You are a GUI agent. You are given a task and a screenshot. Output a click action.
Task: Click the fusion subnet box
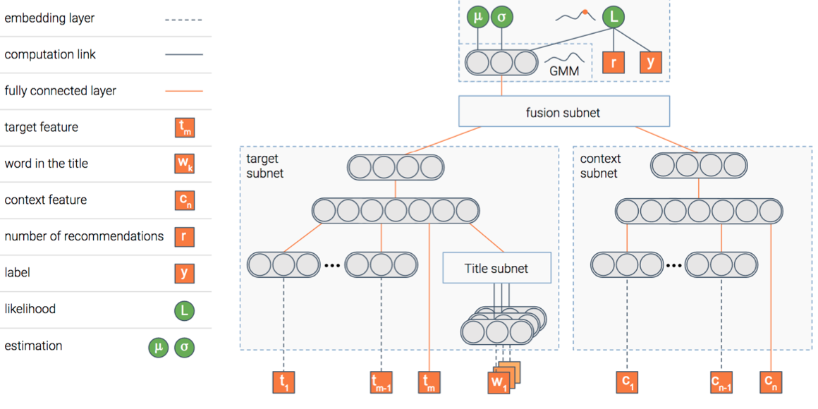tap(563, 111)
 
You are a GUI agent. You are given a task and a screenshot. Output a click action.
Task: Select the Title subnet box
tap(496, 268)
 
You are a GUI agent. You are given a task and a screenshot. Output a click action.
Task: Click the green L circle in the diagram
tap(613, 18)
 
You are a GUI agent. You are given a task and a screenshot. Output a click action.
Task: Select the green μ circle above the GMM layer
tap(477, 18)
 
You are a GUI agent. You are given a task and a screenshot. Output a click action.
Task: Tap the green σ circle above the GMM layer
tap(501, 18)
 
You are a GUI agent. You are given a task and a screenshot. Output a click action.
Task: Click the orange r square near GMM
tap(613, 62)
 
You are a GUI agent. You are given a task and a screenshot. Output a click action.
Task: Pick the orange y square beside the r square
tap(650, 62)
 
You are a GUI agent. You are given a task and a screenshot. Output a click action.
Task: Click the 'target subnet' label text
tap(265, 166)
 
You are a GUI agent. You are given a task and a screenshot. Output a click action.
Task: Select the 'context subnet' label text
tap(600, 166)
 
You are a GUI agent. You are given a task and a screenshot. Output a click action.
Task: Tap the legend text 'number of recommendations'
tap(84, 236)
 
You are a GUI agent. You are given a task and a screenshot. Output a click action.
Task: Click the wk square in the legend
tap(184, 164)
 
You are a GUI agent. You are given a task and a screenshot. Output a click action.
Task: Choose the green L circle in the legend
tap(184, 310)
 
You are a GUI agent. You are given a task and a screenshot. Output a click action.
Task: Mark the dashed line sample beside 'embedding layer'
tap(184, 19)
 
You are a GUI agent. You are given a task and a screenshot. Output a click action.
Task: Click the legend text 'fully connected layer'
tap(61, 91)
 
